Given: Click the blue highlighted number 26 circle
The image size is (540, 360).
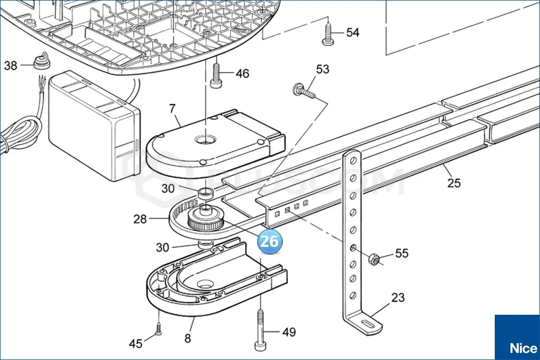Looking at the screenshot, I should (269, 241).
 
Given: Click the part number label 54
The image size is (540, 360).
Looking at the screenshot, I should (352, 33).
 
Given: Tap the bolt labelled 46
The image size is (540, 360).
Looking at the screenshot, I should (215, 75).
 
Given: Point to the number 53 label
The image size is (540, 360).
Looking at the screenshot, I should (322, 69).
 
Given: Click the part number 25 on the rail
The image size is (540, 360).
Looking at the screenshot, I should (454, 183).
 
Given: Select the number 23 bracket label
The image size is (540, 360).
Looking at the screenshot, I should (398, 298).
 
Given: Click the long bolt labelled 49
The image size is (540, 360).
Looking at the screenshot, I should (260, 329).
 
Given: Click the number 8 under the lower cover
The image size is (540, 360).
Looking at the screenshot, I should (188, 338).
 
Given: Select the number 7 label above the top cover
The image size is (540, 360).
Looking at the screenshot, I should (172, 109).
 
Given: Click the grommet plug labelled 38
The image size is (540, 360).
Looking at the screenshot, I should (41, 62).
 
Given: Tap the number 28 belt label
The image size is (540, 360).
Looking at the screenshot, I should (140, 220).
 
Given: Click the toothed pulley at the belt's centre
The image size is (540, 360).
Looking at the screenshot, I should (206, 220).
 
